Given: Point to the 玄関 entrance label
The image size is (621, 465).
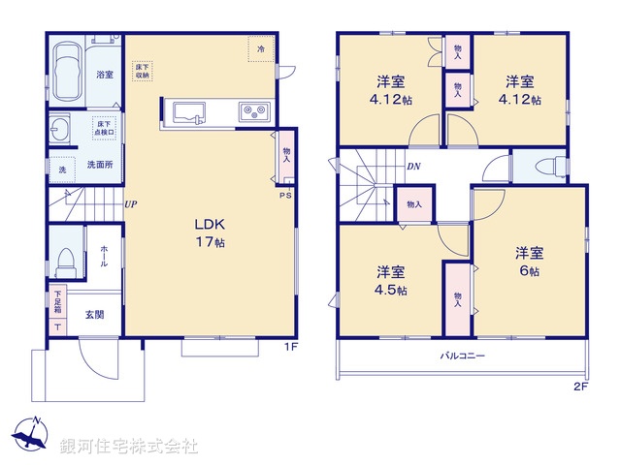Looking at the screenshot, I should pyautogui.click(x=94, y=314).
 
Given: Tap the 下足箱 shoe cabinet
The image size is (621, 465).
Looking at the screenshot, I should pyautogui.click(x=57, y=312).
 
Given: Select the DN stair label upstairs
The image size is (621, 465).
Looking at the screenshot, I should pyautogui.click(x=413, y=166).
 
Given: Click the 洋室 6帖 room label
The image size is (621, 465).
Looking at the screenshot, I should pyautogui.click(x=529, y=263).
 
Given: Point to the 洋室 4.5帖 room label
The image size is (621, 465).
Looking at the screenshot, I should pyautogui.click(x=391, y=280).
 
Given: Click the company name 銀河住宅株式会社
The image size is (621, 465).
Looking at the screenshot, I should pyautogui.click(x=129, y=447).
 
